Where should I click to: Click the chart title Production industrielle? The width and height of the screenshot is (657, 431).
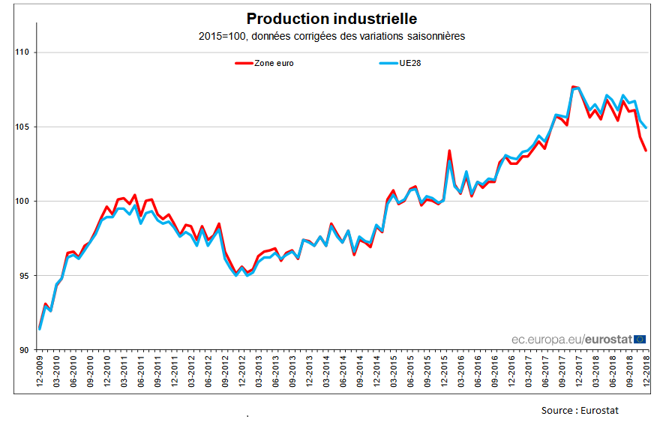coord(331,19)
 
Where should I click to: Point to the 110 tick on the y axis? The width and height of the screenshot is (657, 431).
coord(21,52)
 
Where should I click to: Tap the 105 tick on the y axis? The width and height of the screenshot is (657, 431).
coord(21,127)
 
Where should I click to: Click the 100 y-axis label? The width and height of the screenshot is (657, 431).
coord(21,201)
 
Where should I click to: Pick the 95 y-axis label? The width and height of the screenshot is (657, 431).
coord(22,276)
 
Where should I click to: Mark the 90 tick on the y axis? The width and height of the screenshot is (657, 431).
coord(22,350)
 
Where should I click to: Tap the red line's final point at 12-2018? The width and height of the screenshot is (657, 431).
coord(646,150)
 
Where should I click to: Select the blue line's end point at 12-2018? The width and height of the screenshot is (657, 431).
coord(646,127)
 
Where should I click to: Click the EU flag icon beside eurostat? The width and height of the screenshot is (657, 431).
coord(640,339)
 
